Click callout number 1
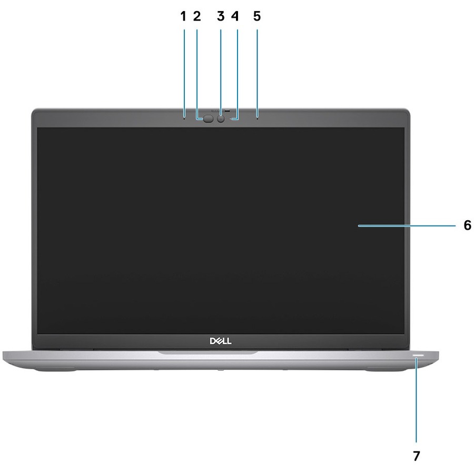point(183,16)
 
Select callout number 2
point(197,16)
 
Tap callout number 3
point(221,16)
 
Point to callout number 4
point(235,16)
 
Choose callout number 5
point(257,16)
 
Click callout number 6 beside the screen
point(467,225)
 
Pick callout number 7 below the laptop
point(417,456)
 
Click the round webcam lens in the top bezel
point(221,119)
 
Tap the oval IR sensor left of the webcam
point(208,119)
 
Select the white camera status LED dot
point(231,120)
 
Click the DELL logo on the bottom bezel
point(221,341)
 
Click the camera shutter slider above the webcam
point(221,111)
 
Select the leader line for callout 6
point(407,225)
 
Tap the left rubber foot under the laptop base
point(54,369)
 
